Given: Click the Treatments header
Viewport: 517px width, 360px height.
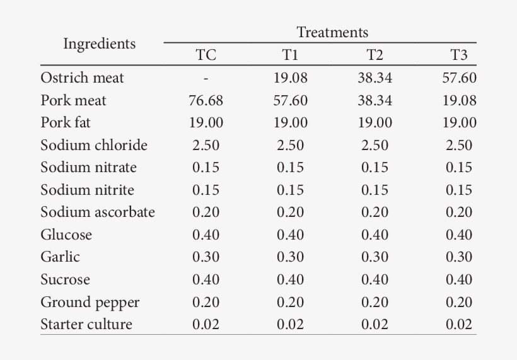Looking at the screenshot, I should coord(332,32).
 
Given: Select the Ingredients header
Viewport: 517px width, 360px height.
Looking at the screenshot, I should coord(99,44).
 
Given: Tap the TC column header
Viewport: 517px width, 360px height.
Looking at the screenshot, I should coord(206,55).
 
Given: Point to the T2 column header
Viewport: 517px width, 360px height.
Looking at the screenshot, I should coord(375,55).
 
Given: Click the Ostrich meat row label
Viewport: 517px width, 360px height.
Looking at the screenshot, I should coord(82,78).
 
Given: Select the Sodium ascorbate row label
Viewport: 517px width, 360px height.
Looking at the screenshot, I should coord(97,212).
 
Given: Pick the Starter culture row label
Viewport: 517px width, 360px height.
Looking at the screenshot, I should coord(86,325).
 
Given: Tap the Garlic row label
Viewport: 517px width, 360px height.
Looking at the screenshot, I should coord(60,257).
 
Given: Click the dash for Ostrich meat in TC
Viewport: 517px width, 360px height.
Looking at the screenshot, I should coord(206,79).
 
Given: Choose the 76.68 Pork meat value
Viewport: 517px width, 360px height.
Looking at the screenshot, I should coord(206,101).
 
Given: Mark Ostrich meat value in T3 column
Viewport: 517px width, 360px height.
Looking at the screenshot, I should coord(459,78).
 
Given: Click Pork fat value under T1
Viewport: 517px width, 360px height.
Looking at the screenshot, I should coord(290,123).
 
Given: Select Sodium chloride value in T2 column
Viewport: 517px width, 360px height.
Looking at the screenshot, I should coord(375,146).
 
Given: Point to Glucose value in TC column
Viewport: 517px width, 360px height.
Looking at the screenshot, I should coord(206,235).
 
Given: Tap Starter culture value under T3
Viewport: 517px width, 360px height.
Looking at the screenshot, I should coord(459,325).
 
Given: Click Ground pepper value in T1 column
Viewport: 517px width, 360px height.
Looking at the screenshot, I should coord(290,303).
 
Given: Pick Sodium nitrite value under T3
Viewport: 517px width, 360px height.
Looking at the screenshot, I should coord(459,190).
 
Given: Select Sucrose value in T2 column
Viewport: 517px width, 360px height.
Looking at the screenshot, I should coord(375,280).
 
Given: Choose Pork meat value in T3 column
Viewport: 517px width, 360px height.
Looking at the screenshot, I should coord(459,101).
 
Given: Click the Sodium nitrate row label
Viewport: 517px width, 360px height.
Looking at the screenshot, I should coord(88,168).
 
